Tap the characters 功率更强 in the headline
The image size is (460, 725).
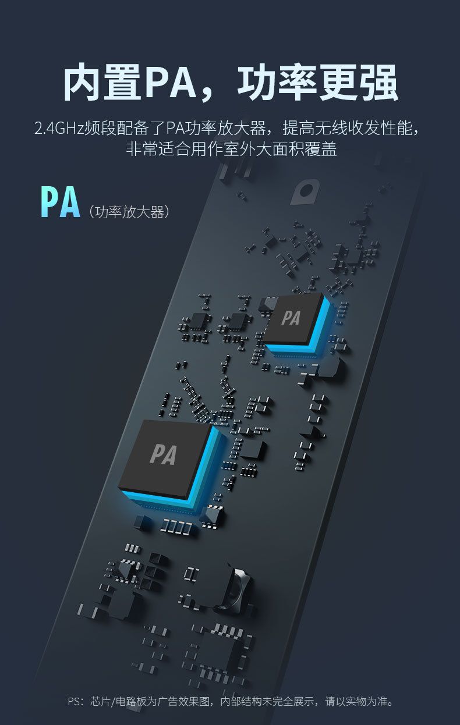(317, 82)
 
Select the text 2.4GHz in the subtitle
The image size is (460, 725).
(59, 128)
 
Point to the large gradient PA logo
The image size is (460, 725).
(60, 201)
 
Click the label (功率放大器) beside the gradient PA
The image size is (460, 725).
(129, 212)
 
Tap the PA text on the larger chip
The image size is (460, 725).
(164, 454)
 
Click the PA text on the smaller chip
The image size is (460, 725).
(291, 318)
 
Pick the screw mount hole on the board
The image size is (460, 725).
(305, 191)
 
